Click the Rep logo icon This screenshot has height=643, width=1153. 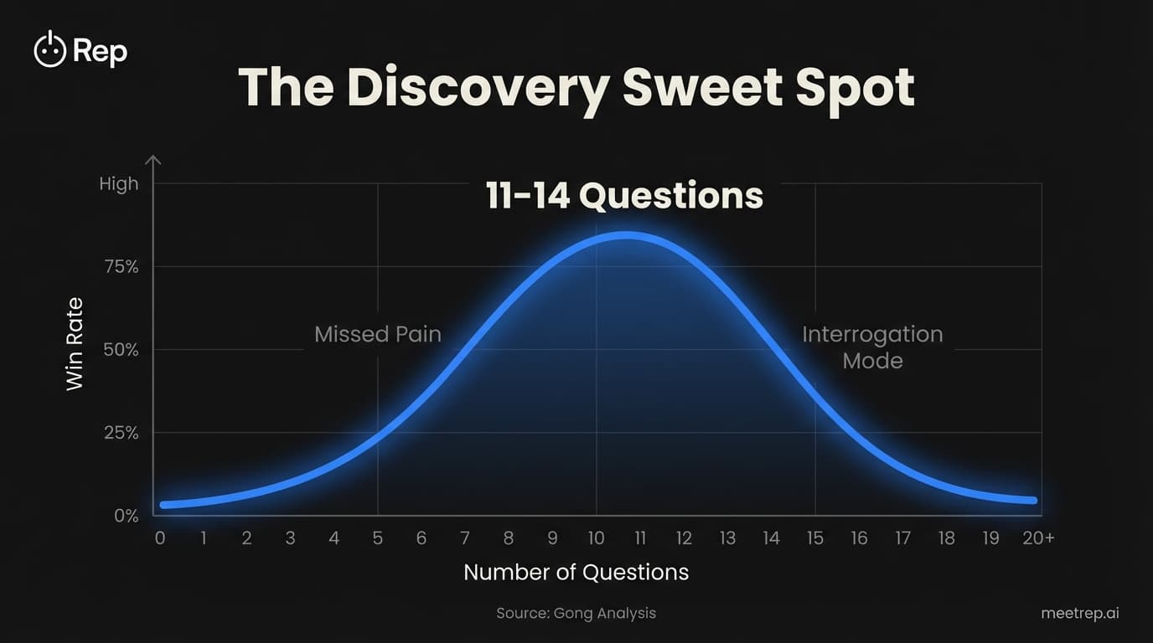tap(49, 50)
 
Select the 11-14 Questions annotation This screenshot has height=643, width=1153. tap(624, 196)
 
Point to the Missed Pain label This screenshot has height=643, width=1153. tap(377, 334)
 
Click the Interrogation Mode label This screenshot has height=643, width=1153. tap(872, 347)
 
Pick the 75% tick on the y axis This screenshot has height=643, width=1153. tap(119, 266)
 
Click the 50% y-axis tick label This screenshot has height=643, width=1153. tap(119, 349)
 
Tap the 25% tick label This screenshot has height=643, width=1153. tap(119, 432)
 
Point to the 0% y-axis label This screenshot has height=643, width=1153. tap(125, 515)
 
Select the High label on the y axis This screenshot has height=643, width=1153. tap(118, 183)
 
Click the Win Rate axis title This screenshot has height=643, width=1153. tap(75, 343)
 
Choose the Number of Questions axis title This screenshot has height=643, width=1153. tap(576, 572)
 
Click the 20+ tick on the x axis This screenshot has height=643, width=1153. tap(1037, 538)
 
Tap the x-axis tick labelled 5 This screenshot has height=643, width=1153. tap(378, 538)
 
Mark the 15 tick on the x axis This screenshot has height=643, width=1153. tap(814, 538)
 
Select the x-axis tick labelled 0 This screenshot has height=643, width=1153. tap(159, 538)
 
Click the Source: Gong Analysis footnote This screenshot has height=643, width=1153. tap(576, 613)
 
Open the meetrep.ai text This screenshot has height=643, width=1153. tap(1080, 613)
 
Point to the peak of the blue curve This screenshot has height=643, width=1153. tap(624, 236)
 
